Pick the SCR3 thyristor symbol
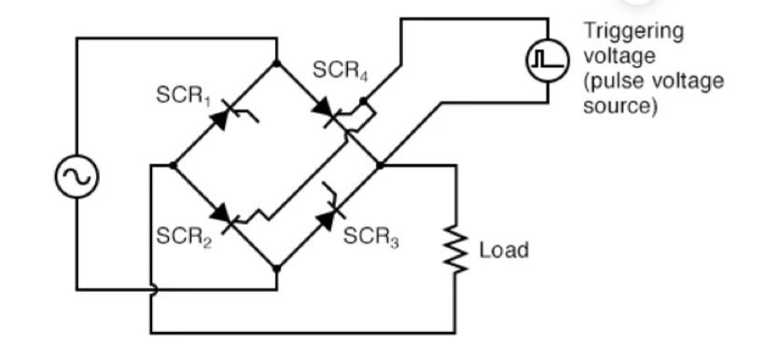point(329,215)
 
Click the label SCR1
point(183,99)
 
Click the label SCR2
point(183,237)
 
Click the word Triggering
point(633,31)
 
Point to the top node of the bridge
point(277,63)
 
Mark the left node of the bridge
point(174,165)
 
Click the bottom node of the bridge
point(277,267)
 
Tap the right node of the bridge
point(380,165)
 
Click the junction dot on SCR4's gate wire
point(363,100)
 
